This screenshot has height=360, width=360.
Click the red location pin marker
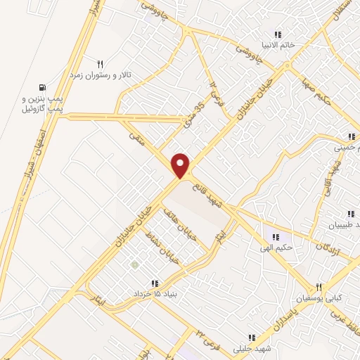(181, 165)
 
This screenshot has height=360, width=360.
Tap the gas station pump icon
(44, 87)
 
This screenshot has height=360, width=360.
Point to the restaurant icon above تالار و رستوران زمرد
(100, 63)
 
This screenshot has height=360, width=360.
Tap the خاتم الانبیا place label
(278, 44)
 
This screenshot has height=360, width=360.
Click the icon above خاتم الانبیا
(278, 34)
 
